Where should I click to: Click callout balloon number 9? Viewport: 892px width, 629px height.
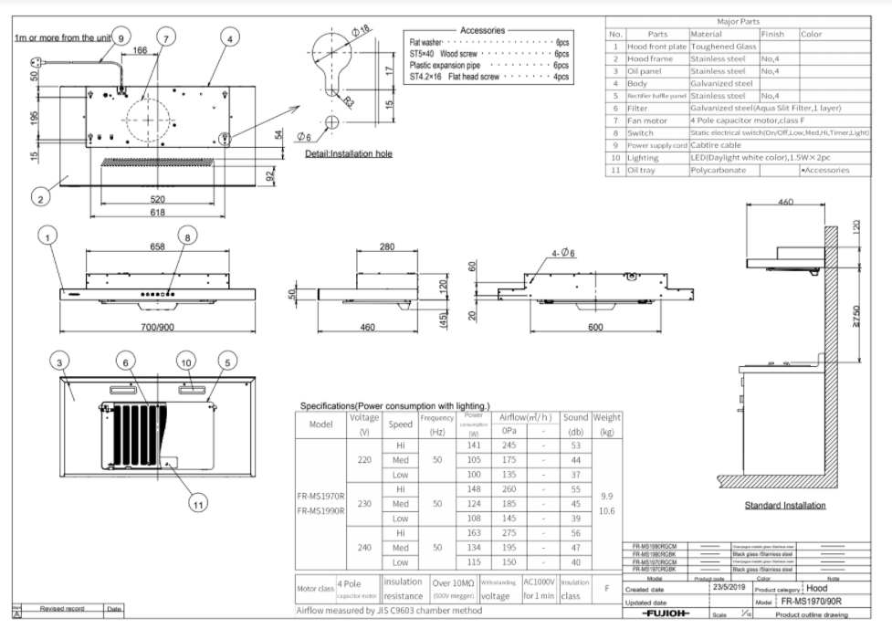click(121, 37)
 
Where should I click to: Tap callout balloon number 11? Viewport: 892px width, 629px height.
click(194, 501)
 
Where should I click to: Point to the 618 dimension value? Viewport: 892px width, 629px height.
click(159, 213)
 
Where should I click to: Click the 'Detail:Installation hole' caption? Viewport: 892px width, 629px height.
click(349, 153)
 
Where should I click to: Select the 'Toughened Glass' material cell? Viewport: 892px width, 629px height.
click(722, 46)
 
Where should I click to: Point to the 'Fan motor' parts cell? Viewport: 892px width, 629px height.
click(650, 121)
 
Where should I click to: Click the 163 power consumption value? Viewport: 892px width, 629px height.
click(473, 532)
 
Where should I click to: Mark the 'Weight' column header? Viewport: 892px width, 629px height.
click(607, 417)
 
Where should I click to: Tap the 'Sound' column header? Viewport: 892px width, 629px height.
click(575, 417)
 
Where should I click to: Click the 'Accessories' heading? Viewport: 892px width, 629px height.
click(488, 30)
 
